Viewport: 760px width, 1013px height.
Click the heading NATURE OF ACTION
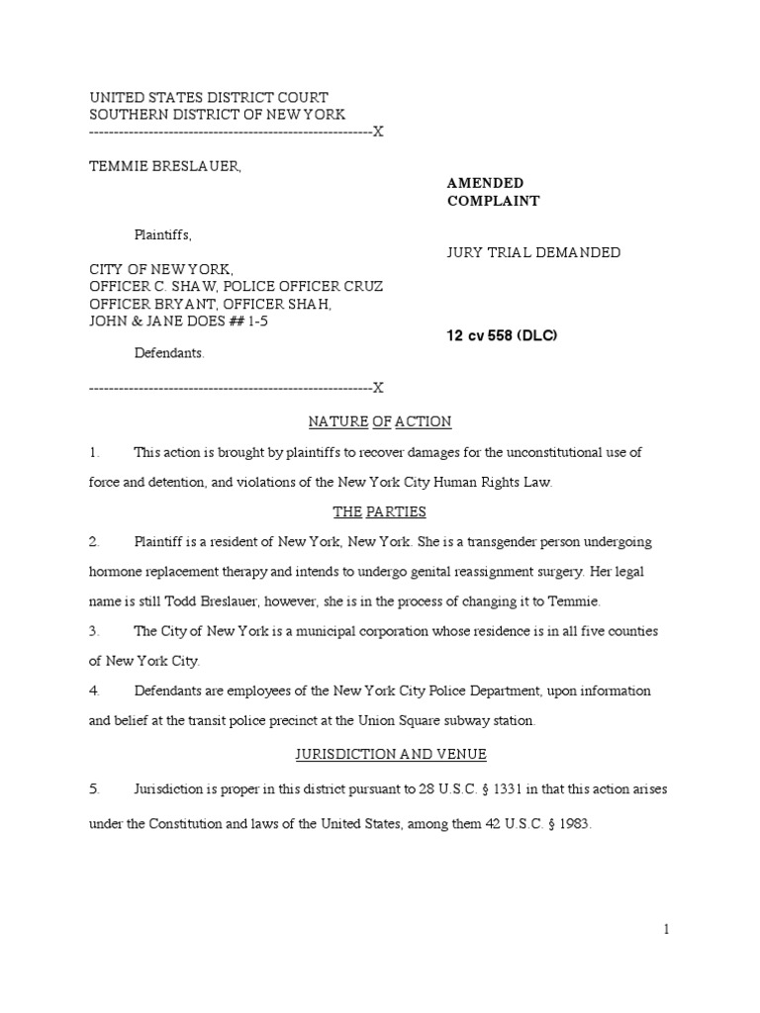click(x=380, y=422)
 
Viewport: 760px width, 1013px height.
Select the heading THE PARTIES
click(x=380, y=512)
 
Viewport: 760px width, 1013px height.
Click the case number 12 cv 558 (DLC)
click(x=503, y=336)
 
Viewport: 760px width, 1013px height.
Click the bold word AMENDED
click(x=485, y=183)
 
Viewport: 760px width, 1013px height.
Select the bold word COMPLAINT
click(x=493, y=201)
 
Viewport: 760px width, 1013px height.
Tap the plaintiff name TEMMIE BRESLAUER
click(x=165, y=166)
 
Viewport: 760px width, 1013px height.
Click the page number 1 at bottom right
click(x=667, y=930)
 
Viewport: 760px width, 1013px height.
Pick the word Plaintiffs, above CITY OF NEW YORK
click(x=163, y=235)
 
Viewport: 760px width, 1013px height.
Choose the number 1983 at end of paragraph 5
click(x=571, y=822)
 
